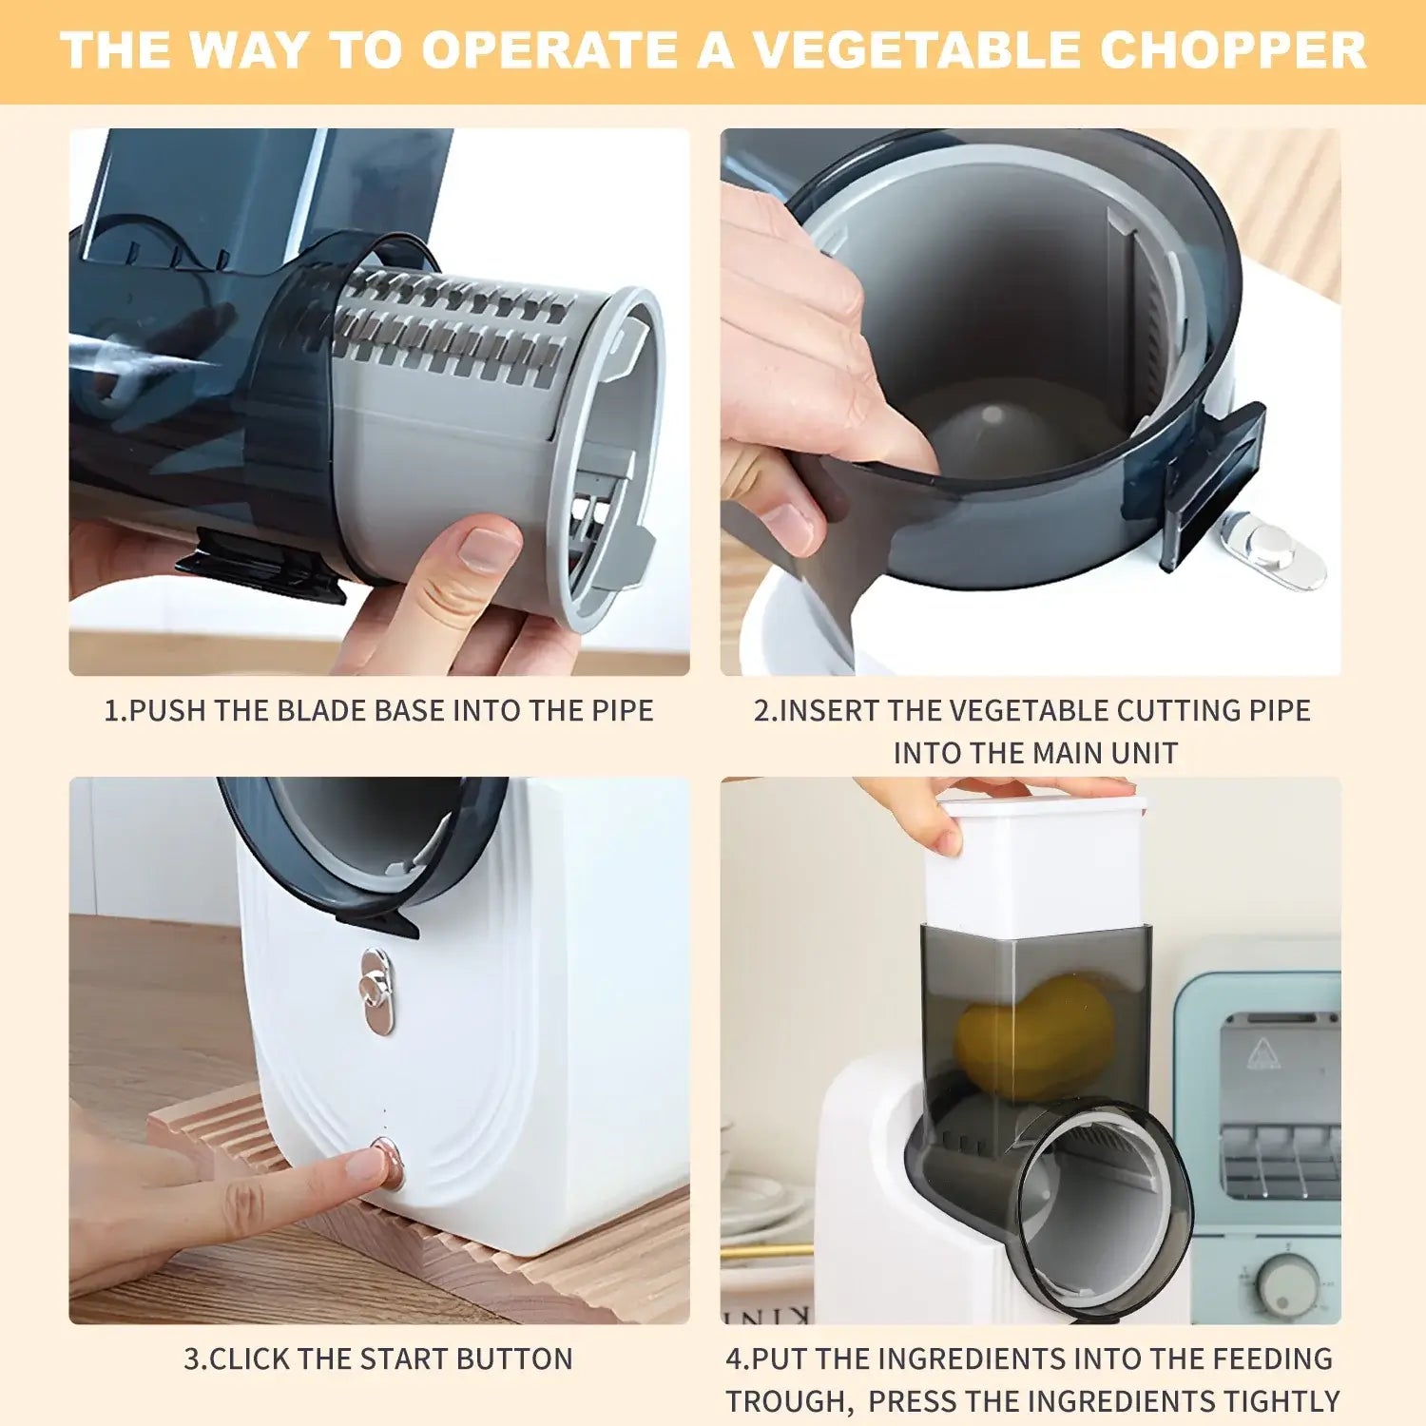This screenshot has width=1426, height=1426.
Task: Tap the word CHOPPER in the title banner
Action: (x=1232, y=50)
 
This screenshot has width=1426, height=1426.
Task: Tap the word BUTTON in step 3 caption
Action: (x=514, y=1359)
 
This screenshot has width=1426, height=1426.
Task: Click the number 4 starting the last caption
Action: (x=734, y=1359)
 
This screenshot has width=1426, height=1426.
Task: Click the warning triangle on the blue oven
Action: (x=1261, y=1052)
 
